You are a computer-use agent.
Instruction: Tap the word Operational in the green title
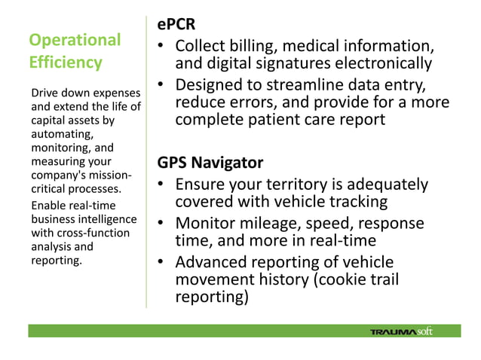coord(74,40)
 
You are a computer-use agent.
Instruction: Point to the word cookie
coord(348,279)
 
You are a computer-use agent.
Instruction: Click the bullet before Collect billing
coord(161,46)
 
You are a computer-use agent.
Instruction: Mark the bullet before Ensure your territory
coord(161,185)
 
